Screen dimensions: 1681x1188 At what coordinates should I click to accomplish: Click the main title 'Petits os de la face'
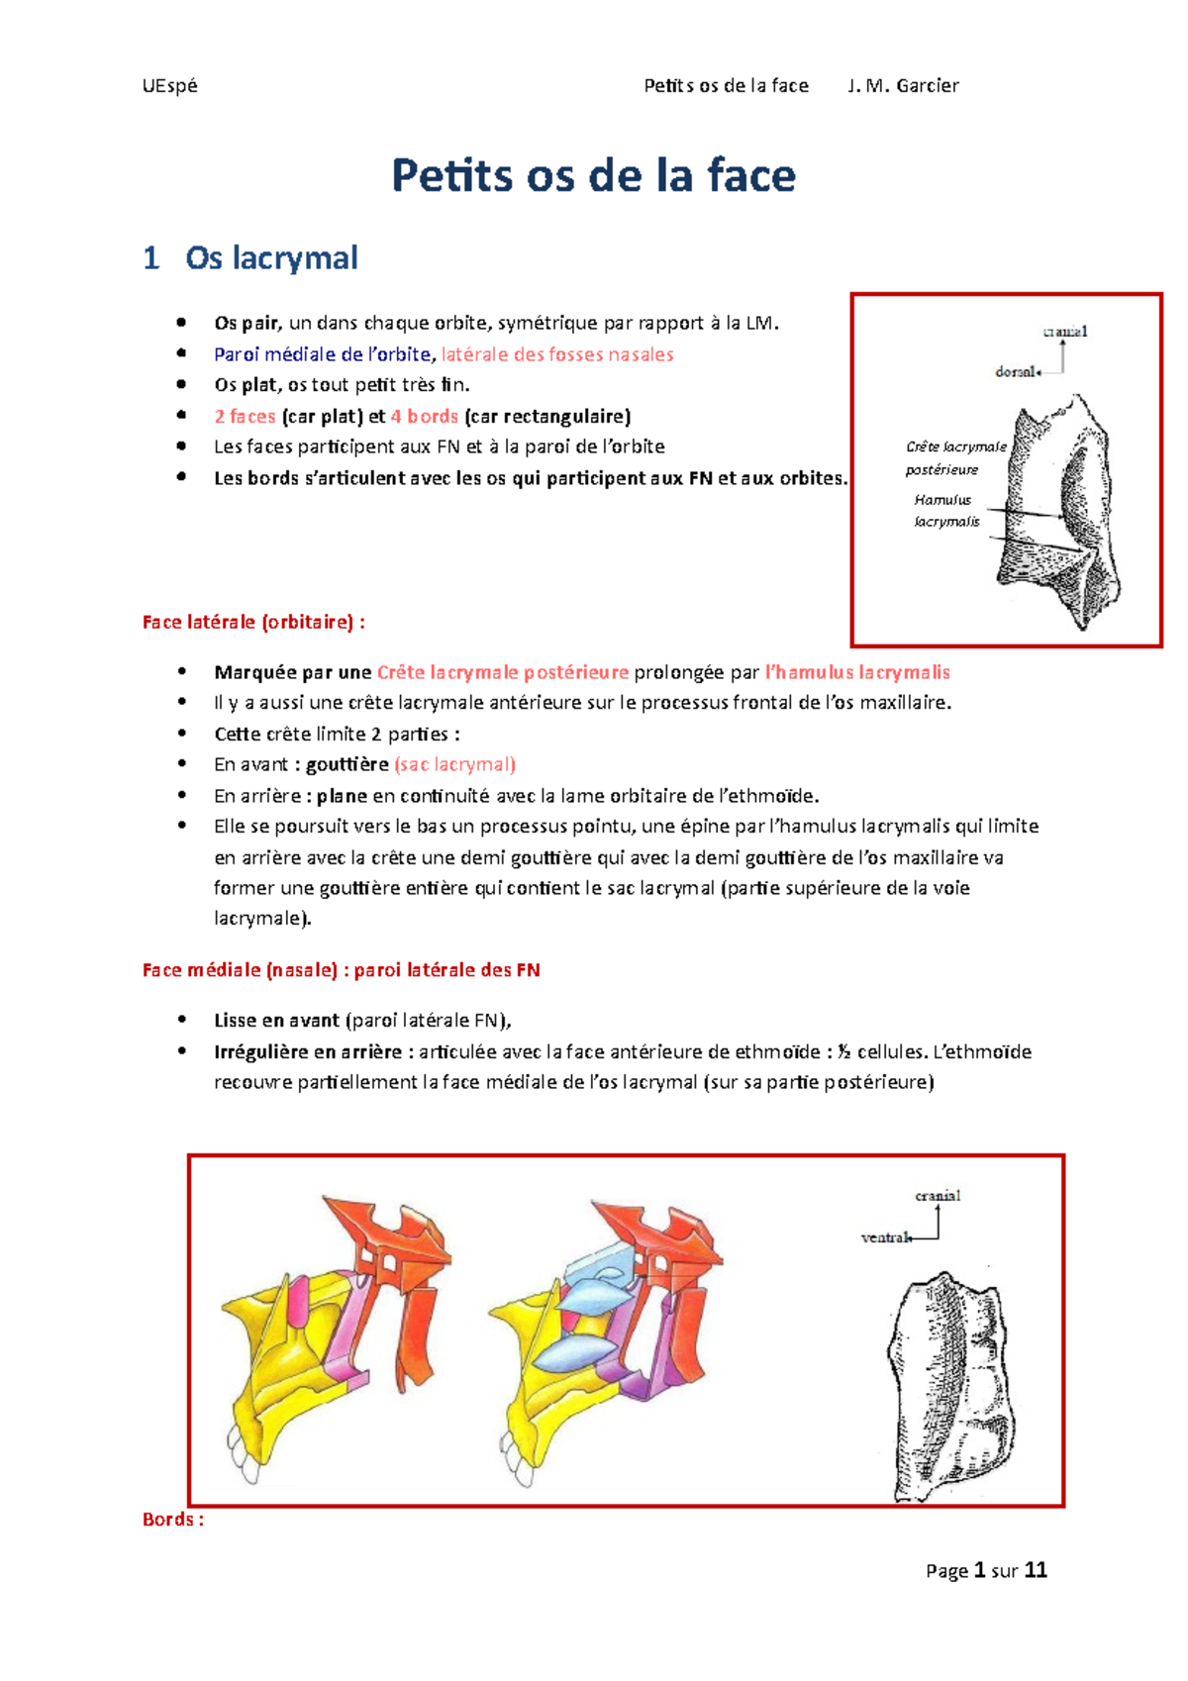(593, 176)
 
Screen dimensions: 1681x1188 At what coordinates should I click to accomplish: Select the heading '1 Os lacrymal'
(250, 258)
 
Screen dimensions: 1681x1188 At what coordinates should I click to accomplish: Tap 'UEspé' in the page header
(169, 85)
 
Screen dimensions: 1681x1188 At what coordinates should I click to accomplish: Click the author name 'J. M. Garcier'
(903, 85)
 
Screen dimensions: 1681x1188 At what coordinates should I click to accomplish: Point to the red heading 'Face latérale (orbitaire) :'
(253, 622)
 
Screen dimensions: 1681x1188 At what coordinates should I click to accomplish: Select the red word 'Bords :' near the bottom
(173, 1519)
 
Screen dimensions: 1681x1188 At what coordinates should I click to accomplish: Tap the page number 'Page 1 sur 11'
(986, 1570)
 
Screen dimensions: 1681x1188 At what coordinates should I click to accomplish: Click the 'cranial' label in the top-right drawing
(1064, 332)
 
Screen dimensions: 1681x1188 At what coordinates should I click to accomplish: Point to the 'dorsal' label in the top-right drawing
(1016, 371)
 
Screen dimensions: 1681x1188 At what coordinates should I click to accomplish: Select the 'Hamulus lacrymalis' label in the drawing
(945, 511)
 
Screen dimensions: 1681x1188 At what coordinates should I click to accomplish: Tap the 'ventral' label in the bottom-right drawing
(884, 1236)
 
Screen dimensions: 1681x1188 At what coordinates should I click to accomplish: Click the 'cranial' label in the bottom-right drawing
(937, 1196)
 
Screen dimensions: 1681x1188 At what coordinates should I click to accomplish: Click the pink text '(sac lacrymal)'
(454, 764)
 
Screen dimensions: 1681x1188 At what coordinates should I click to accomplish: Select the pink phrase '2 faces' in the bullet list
(245, 417)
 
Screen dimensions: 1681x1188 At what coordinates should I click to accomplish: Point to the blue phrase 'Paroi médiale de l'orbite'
(322, 354)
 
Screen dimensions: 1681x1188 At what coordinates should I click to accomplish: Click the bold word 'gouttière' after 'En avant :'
(346, 764)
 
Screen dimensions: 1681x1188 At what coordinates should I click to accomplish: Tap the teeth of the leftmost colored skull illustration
(243, 1454)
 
